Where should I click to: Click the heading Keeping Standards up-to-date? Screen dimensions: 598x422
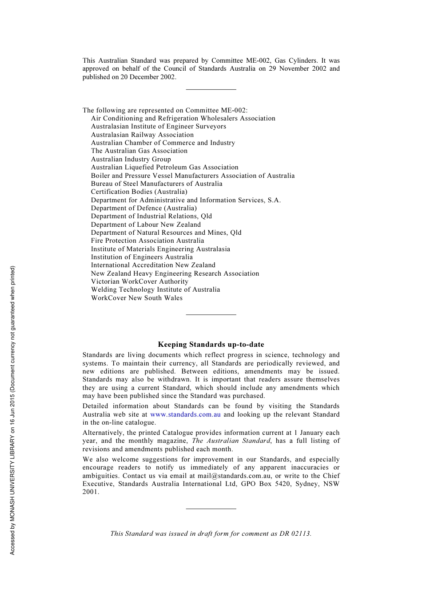point(211,345)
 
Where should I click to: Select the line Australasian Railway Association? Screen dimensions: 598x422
point(142,135)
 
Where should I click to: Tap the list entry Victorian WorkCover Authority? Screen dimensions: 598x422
point(139,281)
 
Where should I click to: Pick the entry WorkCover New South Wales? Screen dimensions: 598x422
point(137,298)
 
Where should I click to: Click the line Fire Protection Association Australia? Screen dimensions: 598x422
point(147,241)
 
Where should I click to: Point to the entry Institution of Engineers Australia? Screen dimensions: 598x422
point(142,257)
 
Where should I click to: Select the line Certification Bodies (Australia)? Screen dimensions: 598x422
point(139,192)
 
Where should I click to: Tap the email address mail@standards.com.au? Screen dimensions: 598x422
point(234,476)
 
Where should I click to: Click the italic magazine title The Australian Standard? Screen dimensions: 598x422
point(231,441)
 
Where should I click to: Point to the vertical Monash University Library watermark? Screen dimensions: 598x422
point(12,410)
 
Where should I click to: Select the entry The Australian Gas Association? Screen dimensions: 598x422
point(139,151)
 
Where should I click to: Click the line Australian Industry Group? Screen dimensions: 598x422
point(131,159)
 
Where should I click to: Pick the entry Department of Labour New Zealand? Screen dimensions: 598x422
point(146,225)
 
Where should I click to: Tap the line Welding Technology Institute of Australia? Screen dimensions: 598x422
point(155,289)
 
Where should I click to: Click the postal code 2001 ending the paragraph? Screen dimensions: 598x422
point(90,492)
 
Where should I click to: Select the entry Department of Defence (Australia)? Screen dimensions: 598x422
point(144,208)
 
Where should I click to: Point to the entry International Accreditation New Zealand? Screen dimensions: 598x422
point(153,265)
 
